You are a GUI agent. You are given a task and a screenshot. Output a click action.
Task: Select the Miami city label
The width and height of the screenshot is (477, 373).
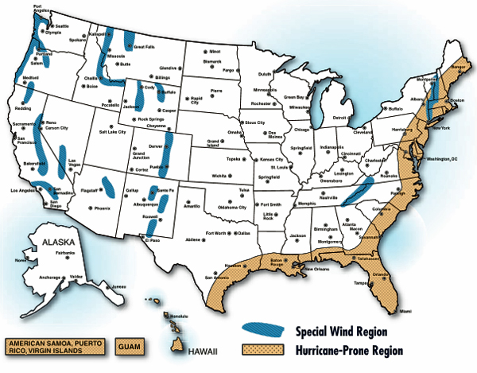click(405, 311)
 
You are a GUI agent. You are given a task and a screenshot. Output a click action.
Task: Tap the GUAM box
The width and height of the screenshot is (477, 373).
click(133, 345)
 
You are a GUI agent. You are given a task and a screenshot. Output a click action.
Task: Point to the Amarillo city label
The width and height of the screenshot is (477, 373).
click(192, 205)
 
